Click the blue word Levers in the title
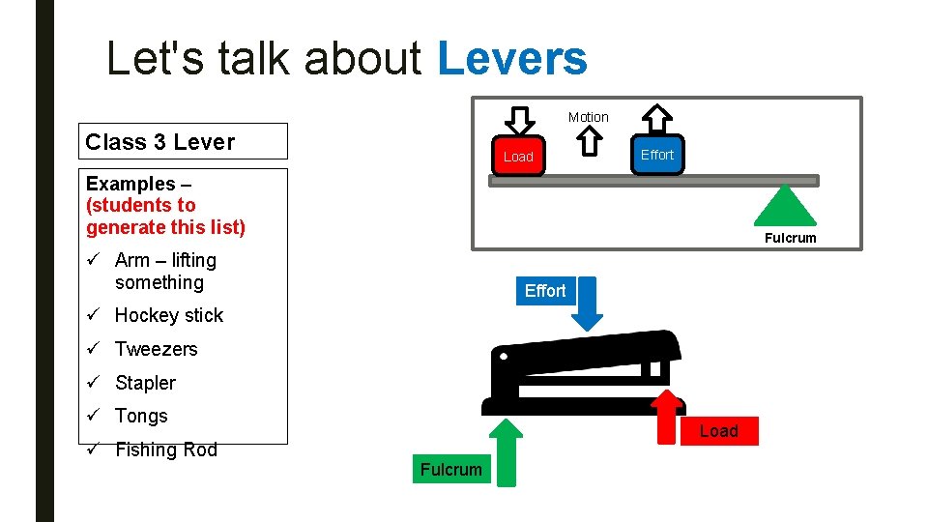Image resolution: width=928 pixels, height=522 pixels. point(512,58)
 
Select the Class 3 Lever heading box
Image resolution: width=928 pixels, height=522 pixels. point(186,141)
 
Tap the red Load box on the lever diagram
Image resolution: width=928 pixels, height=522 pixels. point(518,156)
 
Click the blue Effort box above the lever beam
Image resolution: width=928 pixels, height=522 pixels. point(657,155)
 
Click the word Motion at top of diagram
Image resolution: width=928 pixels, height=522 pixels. point(588,117)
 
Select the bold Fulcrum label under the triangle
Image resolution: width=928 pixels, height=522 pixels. point(790,238)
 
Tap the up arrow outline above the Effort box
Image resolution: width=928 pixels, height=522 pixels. point(657,119)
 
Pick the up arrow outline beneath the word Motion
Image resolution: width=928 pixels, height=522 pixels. point(589,141)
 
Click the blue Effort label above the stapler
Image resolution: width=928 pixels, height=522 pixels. point(545,290)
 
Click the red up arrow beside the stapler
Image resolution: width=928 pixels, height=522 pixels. point(667,416)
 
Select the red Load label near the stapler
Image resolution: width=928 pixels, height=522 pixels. point(719,431)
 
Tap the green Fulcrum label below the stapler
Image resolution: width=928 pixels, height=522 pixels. point(450,470)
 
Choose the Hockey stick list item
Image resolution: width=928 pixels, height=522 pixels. point(168,315)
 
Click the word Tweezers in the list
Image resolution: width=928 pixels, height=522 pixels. point(156,349)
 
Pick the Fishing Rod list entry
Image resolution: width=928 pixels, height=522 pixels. point(165,449)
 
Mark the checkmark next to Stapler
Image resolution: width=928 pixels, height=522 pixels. point(94,383)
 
